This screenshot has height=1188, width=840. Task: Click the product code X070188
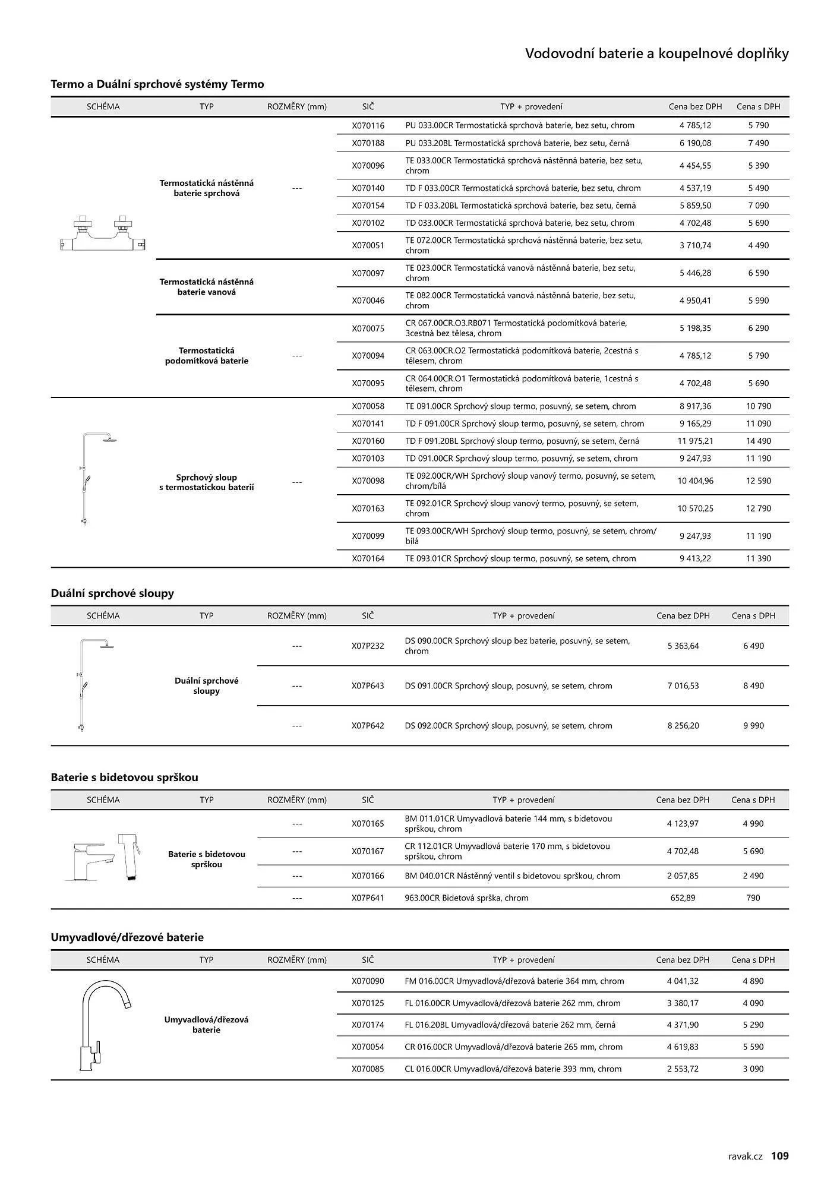pyautogui.click(x=368, y=143)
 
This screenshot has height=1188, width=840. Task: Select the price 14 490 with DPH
pyautogui.click(x=758, y=441)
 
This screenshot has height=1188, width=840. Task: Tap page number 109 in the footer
pyautogui.click(x=779, y=1155)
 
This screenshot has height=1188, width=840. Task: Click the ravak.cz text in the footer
pyautogui.click(x=745, y=1156)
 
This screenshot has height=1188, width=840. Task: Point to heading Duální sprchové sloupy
pyautogui.click(x=112, y=593)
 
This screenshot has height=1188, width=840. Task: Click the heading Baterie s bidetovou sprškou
pyautogui.click(x=124, y=777)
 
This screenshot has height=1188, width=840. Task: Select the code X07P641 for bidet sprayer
pyautogui.click(x=368, y=898)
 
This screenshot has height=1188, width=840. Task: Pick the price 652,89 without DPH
pyautogui.click(x=683, y=898)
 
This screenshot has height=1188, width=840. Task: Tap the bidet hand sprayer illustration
pyautogui.click(x=130, y=856)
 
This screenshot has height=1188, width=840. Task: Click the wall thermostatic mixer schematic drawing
pyautogui.click(x=103, y=234)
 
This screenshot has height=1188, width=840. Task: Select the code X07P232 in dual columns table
pyautogui.click(x=368, y=646)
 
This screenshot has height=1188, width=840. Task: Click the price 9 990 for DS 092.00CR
pyautogui.click(x=753, y=725)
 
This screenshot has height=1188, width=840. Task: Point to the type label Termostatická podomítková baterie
pyautogui.click(x=206, y=355)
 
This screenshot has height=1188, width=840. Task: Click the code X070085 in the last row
pyautogui.click(x=368, y=1069)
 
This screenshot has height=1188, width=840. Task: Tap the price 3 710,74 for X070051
pyautogui.click(x=695, y=245)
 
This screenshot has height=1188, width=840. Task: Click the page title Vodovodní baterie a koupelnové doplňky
pyautogui.click(x=656, y=54)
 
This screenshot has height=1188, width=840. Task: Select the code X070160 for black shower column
pyautogui.click(x=368, y=441)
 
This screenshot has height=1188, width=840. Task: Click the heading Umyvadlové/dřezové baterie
pyautogui.click(x=127, y=937)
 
